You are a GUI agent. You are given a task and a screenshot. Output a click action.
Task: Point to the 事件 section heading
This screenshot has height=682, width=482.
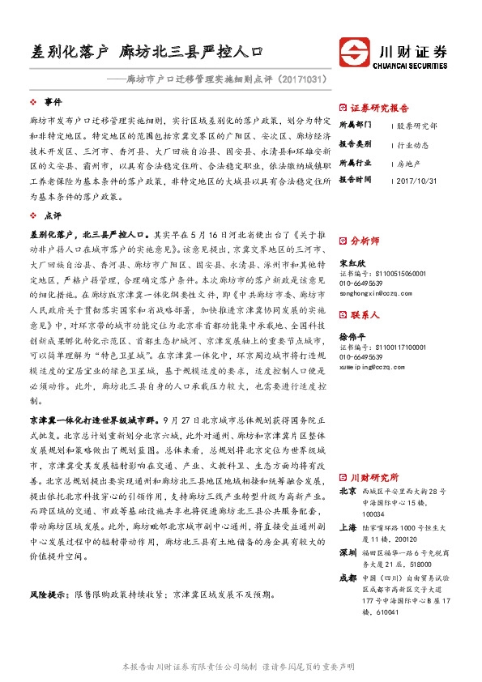(x=53, y=102)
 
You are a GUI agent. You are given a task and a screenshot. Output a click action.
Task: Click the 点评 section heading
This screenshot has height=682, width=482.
(x=53, y=216)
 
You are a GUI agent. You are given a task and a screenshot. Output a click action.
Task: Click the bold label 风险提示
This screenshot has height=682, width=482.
(x=49, y=594)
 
